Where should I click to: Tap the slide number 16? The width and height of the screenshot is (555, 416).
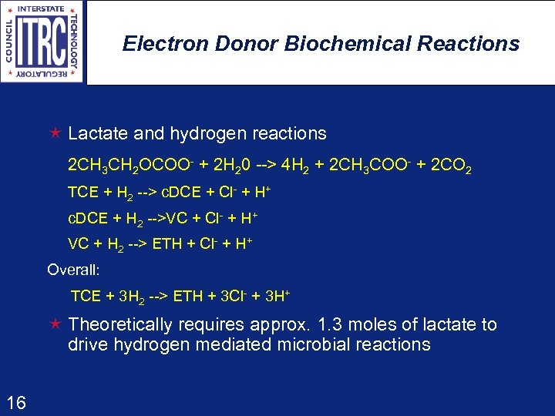15,401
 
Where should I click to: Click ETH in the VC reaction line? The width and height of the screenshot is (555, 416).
167,244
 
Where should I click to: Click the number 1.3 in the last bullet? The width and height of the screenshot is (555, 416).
332,324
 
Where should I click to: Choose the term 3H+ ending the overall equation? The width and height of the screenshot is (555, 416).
275,296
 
